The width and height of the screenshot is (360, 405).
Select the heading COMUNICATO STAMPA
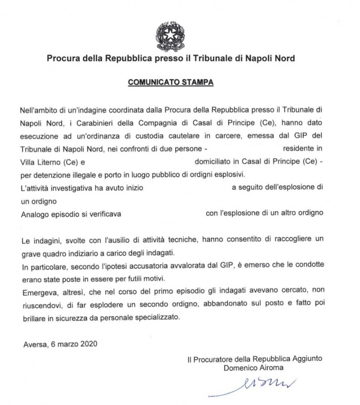coord(170,80)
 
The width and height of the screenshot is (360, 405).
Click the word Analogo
coord(35,214)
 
